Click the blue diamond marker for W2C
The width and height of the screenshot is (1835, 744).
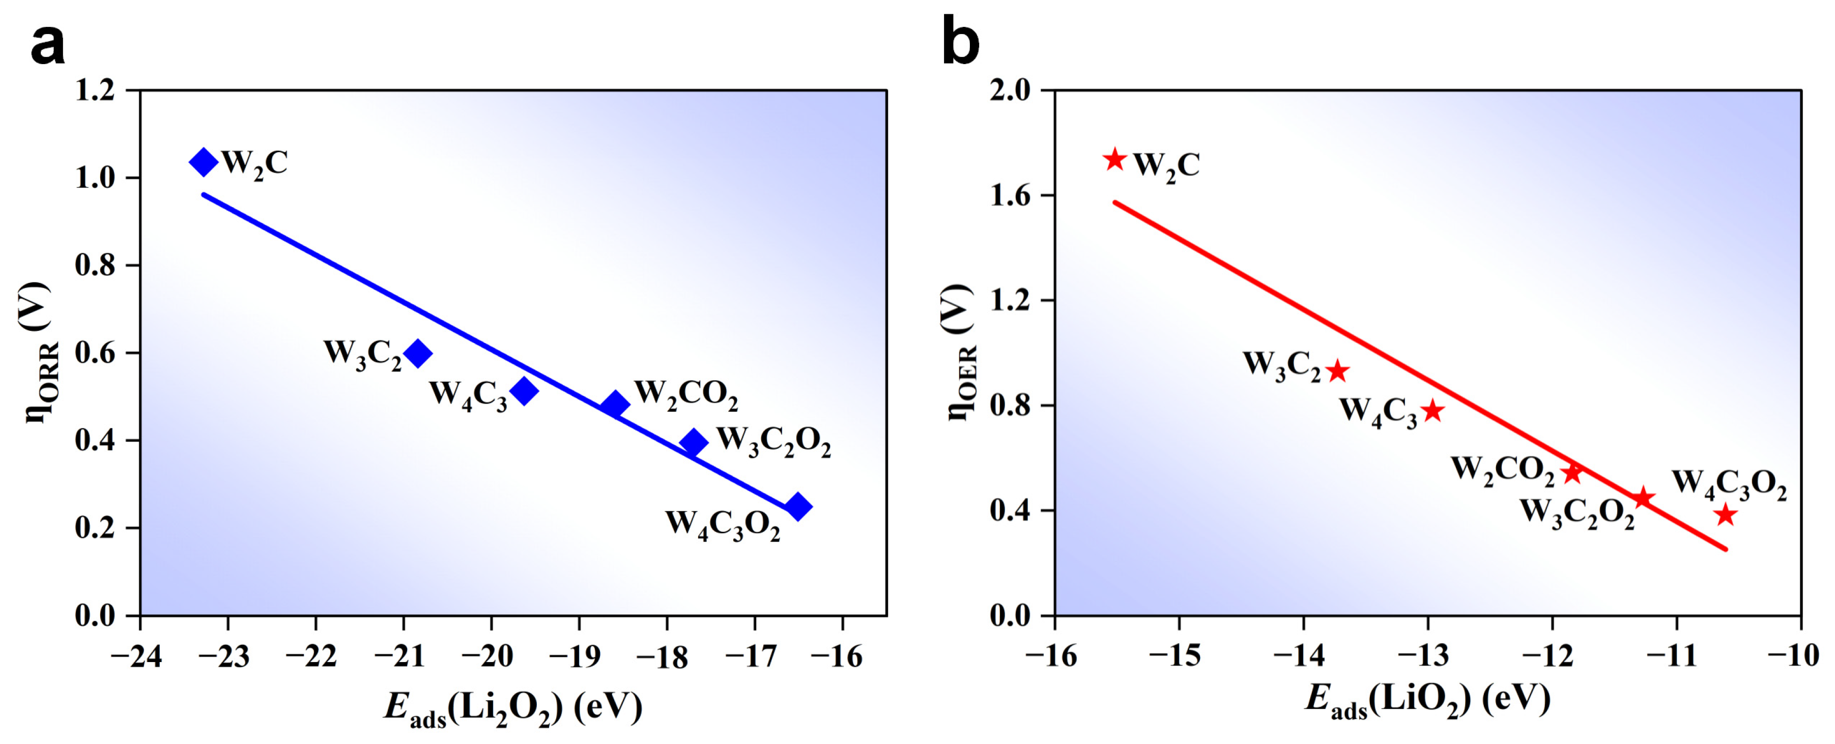(204, 162)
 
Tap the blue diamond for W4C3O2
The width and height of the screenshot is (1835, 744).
(798, 507)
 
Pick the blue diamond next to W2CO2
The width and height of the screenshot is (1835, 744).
(615, 405)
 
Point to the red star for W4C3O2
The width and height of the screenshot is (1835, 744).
(1725, 514)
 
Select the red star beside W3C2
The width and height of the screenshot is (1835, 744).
(1338, 370)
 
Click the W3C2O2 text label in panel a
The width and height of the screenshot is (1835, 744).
(773, 442)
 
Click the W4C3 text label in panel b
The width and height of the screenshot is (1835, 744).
(1379, 412)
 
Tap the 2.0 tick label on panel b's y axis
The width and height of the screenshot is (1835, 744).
(1010, 91)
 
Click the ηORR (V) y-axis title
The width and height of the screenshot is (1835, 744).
(44, 353)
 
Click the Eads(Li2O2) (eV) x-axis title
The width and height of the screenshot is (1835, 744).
(513, 708)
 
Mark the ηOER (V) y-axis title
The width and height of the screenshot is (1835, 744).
(960, 353)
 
